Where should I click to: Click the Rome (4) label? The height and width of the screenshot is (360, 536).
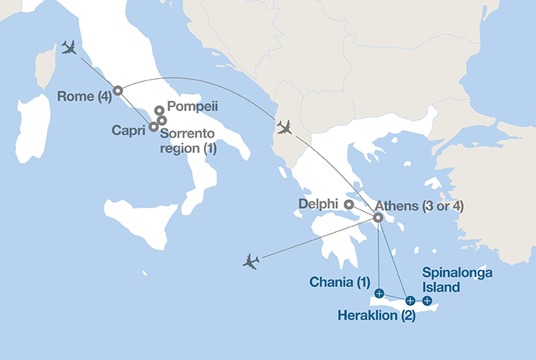(x=84, y=94)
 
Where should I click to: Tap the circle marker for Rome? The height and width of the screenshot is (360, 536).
(x=117, y=91)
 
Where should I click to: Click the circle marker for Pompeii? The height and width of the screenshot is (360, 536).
(x=159, y=111)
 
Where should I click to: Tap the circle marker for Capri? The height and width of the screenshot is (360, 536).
(x=153, y=126)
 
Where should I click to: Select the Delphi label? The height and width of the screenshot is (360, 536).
(x=319, y=203)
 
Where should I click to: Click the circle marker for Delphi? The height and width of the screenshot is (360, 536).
(x=348, y=203)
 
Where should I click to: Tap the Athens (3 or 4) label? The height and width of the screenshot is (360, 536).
(x=419, y=205)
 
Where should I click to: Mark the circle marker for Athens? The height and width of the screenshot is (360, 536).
(x=378, y=218)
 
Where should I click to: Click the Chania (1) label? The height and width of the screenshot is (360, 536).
(x=339, y=281)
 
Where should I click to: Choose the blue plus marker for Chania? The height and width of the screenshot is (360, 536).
(x=380, y=294)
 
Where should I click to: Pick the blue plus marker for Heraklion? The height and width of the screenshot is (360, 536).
(x=410, y=300)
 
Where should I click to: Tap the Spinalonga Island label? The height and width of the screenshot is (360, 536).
(x=457, y=280)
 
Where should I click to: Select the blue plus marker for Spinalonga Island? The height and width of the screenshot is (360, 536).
(x=427, y=300)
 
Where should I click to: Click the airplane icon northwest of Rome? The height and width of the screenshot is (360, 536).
(x=71, y=48)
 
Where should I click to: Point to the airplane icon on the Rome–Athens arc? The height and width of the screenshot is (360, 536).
(x=284, y=127)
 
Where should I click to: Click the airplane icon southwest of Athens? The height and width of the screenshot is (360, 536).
(x=252, y=261)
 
